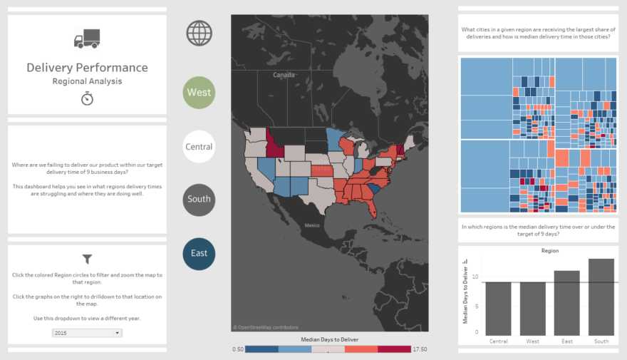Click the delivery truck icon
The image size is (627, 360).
[x=87, y=38]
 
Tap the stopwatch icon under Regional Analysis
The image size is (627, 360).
[x=87, y=98]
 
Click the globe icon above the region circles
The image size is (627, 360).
[x=199, y=33]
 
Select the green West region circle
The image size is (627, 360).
[x=199, y=93]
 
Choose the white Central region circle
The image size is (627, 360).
[x=199, y=147]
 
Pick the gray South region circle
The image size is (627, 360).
[x=199, y=199]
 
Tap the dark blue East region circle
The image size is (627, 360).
[x=199, y=253]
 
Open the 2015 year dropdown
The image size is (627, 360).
[x=87, y=333]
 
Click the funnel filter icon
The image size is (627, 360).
[x=87, y=259]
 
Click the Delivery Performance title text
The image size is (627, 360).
[x=87, y=68]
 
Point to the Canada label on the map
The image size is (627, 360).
[x=284, y=75]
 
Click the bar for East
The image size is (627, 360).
[x=566, y=303]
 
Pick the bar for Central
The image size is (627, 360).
[x=499, y=309]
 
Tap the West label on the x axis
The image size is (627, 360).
[x=532, y=341]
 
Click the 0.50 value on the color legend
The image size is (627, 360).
[x=238, y=349]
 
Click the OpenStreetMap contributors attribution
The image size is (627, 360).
[x=265, y=327]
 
